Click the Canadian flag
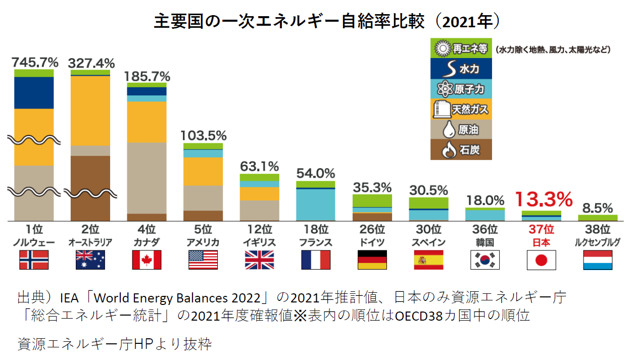tap(147, 260)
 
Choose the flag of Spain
tap(428, 260)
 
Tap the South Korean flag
tap(485, 260)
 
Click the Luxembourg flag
tap(598, 260)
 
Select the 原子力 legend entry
tap(461, 89)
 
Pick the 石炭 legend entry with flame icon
tap(461, 150)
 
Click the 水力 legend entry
tap(461, 69)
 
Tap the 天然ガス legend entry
tap(461, 109)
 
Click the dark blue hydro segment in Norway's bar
tap(34, 92)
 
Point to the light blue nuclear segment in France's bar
tap(316, 204)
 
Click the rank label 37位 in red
tap(541, 229)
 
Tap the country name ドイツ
tap(372, 242)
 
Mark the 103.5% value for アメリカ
tap(203, 136)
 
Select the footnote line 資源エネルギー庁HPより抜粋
tap(114, 344)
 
